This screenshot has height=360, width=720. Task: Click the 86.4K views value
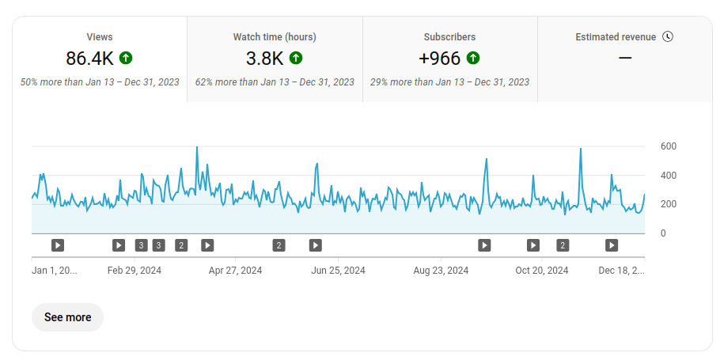(90, 58)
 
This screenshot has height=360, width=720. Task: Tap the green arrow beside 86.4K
(125, 58)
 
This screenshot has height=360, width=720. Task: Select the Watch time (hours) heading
(275, 36)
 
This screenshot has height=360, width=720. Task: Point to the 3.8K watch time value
(264, 58)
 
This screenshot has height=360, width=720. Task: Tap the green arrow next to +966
(473, 58)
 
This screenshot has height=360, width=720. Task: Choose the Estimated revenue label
(616, 36)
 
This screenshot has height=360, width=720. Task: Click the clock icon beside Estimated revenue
(668, 36)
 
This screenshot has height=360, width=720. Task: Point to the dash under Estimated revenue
(625, 58)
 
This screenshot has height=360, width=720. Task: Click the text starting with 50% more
(100, 81)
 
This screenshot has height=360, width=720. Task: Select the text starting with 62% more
(275, 81)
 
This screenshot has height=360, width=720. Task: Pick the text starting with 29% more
(449, 81)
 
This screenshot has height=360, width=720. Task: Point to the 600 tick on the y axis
(669, 146)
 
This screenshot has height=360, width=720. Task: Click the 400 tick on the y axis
(669, 176)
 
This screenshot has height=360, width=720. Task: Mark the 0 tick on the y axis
(663, 233)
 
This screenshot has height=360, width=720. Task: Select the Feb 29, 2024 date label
(135, 270)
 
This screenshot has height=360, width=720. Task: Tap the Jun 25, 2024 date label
(339, 270)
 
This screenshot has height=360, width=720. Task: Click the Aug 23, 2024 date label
(441, 270)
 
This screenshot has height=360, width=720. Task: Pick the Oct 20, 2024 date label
(542, 270)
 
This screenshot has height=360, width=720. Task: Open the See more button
(67, 317)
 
